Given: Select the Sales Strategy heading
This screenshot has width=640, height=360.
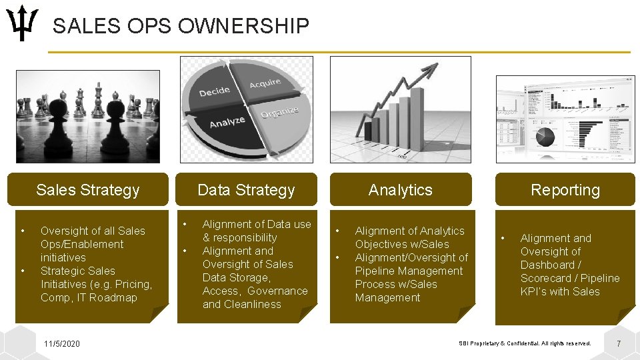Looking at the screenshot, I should pos(88,190).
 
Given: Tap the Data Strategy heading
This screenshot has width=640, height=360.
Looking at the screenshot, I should pos(246,190).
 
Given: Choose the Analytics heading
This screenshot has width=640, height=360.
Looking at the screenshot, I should pos(401,190).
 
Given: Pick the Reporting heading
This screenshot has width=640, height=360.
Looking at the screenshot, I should pos(565,190).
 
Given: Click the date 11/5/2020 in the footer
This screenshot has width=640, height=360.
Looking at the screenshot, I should pos(61,343).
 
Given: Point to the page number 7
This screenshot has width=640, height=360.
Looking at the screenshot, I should pos(619,343).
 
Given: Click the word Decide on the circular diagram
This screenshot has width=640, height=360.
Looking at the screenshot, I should pos(214,91).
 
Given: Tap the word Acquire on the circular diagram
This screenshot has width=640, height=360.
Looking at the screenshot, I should pos(265,84).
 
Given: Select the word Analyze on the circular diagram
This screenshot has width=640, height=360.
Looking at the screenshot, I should pos(227,122).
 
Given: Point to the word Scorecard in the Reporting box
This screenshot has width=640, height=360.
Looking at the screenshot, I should pos(545,278).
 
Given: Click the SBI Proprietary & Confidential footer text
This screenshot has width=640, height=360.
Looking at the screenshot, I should pos(525,343).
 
